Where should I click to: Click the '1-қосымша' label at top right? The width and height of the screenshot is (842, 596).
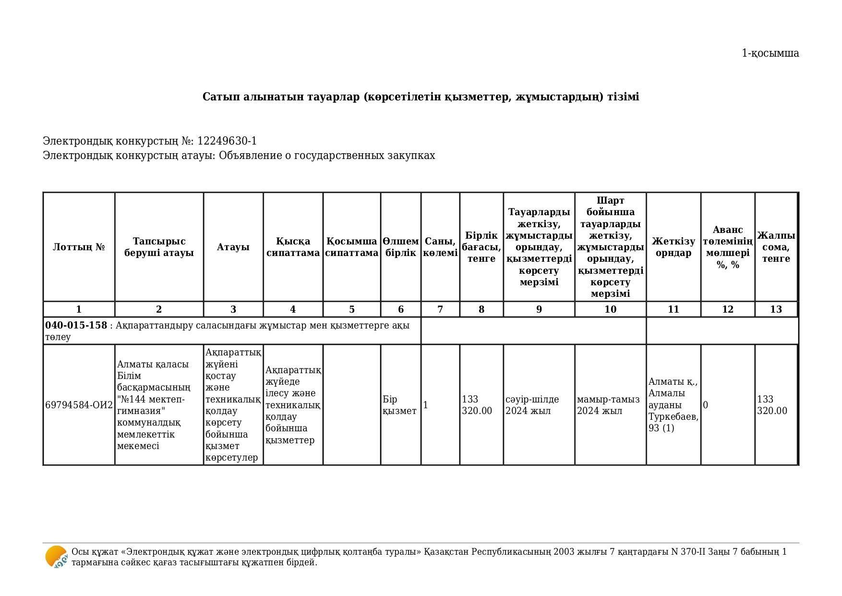tap(770, 53)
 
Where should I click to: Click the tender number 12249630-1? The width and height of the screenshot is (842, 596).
tap(227, 141)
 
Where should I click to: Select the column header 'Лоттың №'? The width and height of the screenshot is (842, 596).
tap(79, 247)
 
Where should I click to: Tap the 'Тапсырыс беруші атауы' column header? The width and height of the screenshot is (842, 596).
tap(159, 247)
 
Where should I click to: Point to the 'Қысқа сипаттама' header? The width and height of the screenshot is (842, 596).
tap(293, 247)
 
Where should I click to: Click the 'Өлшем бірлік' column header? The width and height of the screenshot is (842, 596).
tap(401, 247)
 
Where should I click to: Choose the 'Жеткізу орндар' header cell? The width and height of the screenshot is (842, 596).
tap(673, 247)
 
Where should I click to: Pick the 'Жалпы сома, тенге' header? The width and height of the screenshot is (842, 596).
tap(776, 247)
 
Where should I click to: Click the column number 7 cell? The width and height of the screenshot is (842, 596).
tap(440, 310)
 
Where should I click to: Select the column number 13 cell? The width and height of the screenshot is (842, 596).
tap(776, 310)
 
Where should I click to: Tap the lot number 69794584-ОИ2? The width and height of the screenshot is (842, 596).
tap(79, 405)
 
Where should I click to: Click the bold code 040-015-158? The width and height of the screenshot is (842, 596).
tap(76, 326)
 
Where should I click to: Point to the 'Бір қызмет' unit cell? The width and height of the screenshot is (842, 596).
tap(399, 405)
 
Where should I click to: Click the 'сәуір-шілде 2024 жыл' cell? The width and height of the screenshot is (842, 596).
tap(532, 405)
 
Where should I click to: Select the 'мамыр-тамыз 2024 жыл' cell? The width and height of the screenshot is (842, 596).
tap(608, 405)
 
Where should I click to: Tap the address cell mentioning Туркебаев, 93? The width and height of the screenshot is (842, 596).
tap(673, 405)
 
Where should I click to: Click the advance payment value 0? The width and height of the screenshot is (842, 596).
tap(706, 405)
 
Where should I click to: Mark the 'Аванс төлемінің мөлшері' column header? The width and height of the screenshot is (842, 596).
tap(727, 247)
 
